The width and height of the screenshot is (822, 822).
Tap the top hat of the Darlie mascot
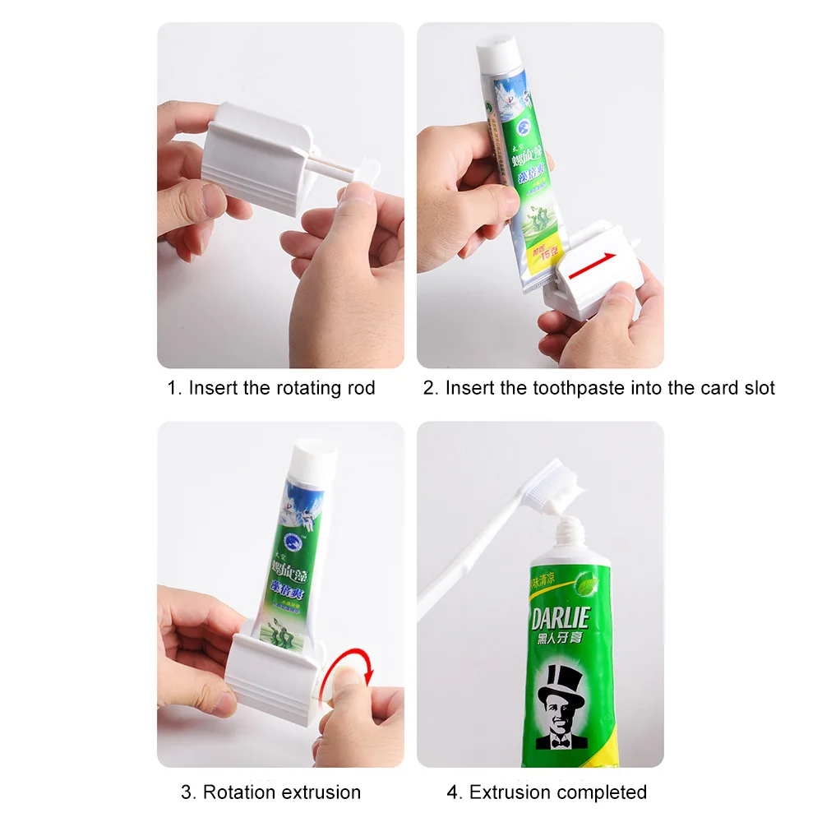click(561, 681)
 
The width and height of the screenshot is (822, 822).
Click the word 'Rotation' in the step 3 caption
click(239, 792)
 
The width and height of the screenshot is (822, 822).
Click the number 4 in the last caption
click(453, 792)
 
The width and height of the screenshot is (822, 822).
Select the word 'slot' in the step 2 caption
click(757, 388)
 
